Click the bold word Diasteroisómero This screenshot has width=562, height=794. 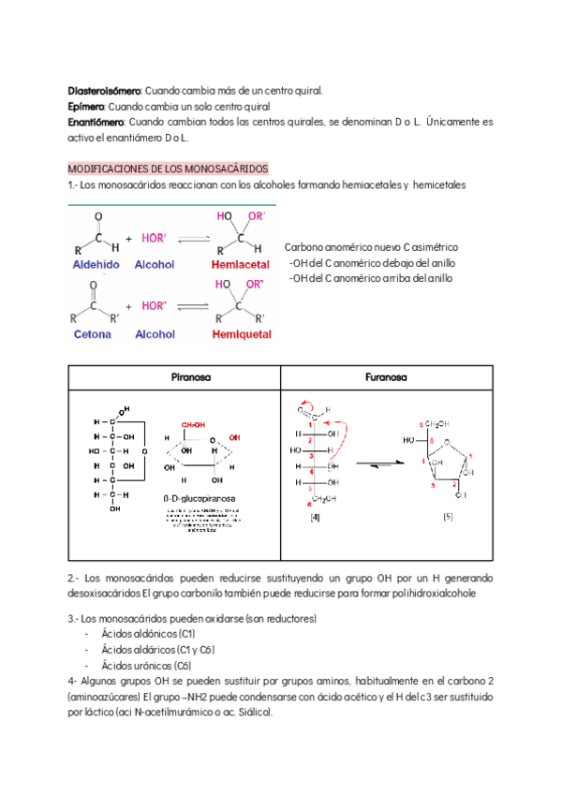pyautogui.click(x=104, y=91)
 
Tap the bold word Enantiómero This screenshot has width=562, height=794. pyautogui.click(x=96, y=123)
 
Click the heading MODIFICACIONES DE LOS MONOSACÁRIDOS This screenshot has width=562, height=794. pyautogui.click(x=169, y=169)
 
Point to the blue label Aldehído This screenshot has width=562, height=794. pyautogui.click(x=96, y=265)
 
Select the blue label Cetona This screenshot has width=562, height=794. pyautogui.click(x=92, y=334)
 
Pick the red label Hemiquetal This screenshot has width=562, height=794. pyautogui.click(x=241, y=334)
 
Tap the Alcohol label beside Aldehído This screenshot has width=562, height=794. pyautogui.click(x=155, y=265)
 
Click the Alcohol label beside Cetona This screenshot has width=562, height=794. pyautogui.click(x=155, y=334)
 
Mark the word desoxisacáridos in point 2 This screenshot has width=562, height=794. pyautogui.click(x=105, y=594)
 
